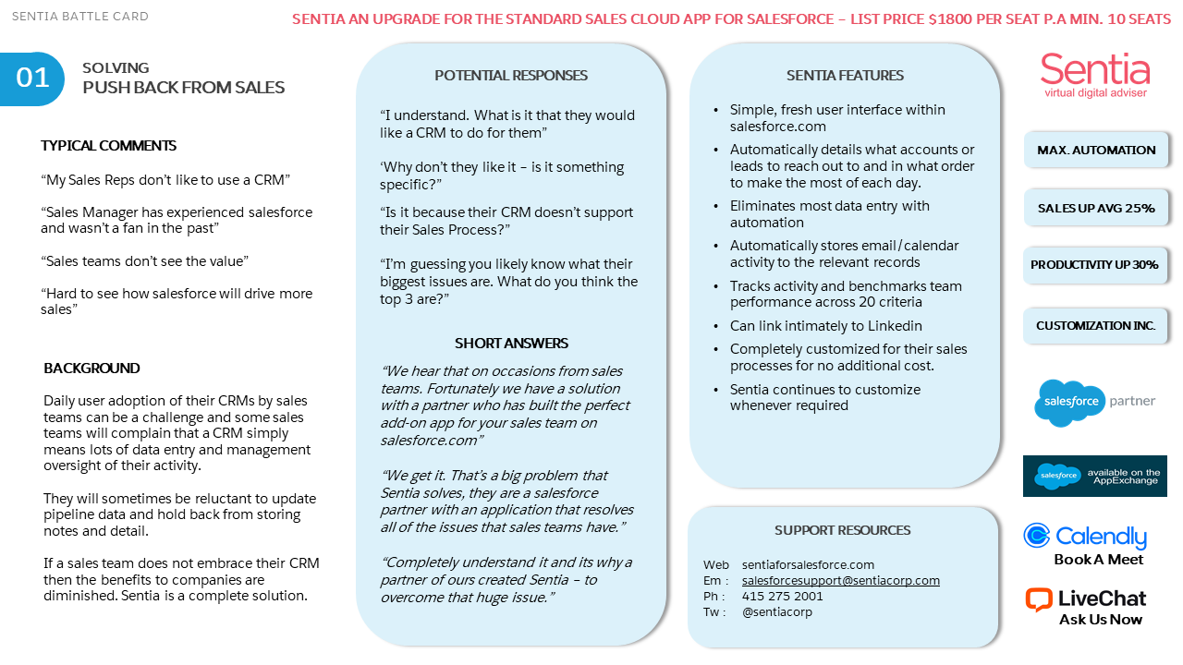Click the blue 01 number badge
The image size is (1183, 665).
(32, 79)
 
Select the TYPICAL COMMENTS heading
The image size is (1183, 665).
(108, 146)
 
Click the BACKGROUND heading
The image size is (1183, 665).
(91, 369)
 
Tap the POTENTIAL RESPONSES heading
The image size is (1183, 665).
(511, 76)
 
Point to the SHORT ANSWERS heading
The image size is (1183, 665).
(511, 344)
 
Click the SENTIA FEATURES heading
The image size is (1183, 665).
(845, 76)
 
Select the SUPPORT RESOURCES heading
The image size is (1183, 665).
(842, 530)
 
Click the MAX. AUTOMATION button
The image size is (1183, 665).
(1096, 150)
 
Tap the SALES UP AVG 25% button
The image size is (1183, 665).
(1096, 208)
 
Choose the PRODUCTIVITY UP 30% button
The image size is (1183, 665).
(1095, 265)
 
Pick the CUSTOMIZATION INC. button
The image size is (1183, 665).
(1095, 326)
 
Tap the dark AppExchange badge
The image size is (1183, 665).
(1095, 476)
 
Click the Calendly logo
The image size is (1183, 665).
(1085, 537)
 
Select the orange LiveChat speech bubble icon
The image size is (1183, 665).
(1039, 599)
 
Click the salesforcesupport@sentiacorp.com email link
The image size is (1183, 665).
(840, 581)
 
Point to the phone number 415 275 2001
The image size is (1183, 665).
(782, 597)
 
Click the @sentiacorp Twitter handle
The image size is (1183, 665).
(776, 612)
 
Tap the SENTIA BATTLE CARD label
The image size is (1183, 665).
(79, 17)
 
